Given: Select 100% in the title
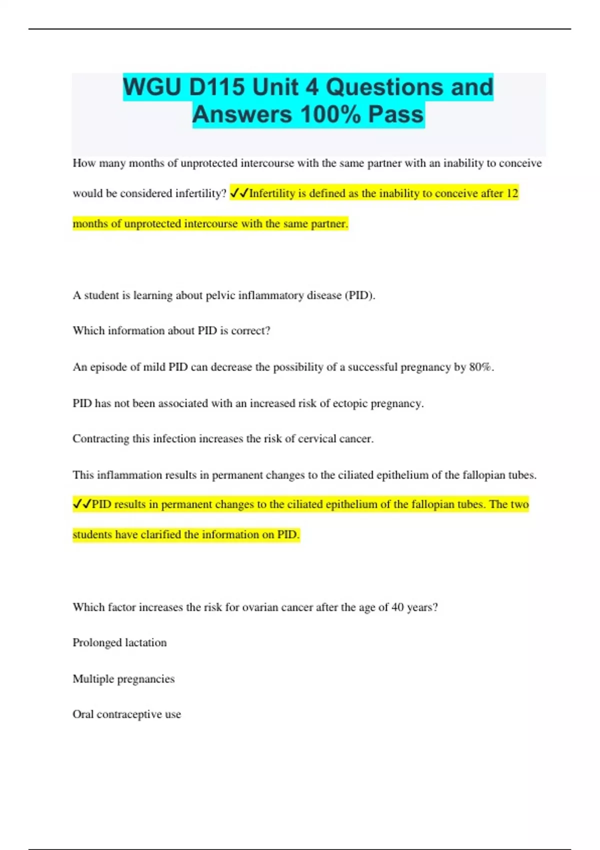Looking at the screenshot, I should click(330, 114).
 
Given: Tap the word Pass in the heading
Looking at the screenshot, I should click(396, 114).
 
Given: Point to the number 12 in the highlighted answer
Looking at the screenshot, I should click(512, 193).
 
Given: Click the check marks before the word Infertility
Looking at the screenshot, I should click(239, 193).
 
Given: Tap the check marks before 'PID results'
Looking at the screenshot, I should click(82, 504).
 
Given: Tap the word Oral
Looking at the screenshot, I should click(83, 714).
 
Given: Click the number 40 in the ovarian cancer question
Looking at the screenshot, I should click(397, 607).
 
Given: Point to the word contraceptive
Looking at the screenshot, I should click(129, 714).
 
